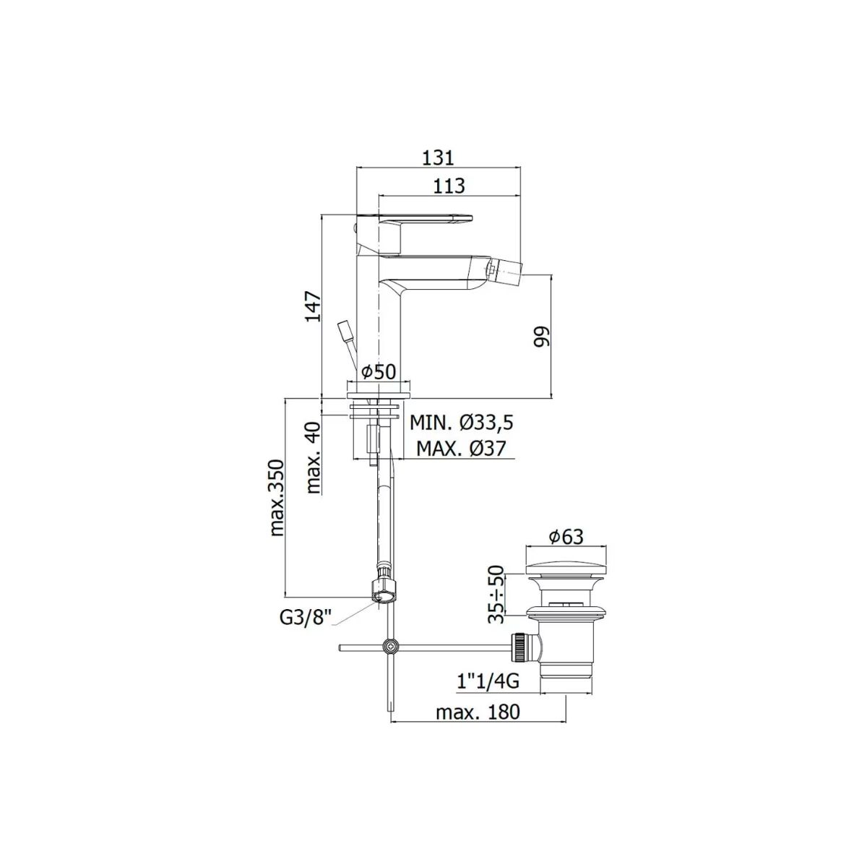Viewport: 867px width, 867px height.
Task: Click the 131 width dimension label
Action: (439, 158)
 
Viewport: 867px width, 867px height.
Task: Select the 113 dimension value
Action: (448, 186)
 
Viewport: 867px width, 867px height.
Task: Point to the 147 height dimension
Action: (314, 306)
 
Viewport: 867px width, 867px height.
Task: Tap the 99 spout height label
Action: (541, 336)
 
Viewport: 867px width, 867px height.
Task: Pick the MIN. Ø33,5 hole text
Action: (462, 423)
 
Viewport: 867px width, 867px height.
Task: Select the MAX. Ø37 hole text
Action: (461, 448)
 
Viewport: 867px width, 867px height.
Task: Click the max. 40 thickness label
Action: (313, 458)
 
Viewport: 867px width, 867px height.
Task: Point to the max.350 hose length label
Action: (277, 498)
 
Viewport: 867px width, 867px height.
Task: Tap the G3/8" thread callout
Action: (306, 619)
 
